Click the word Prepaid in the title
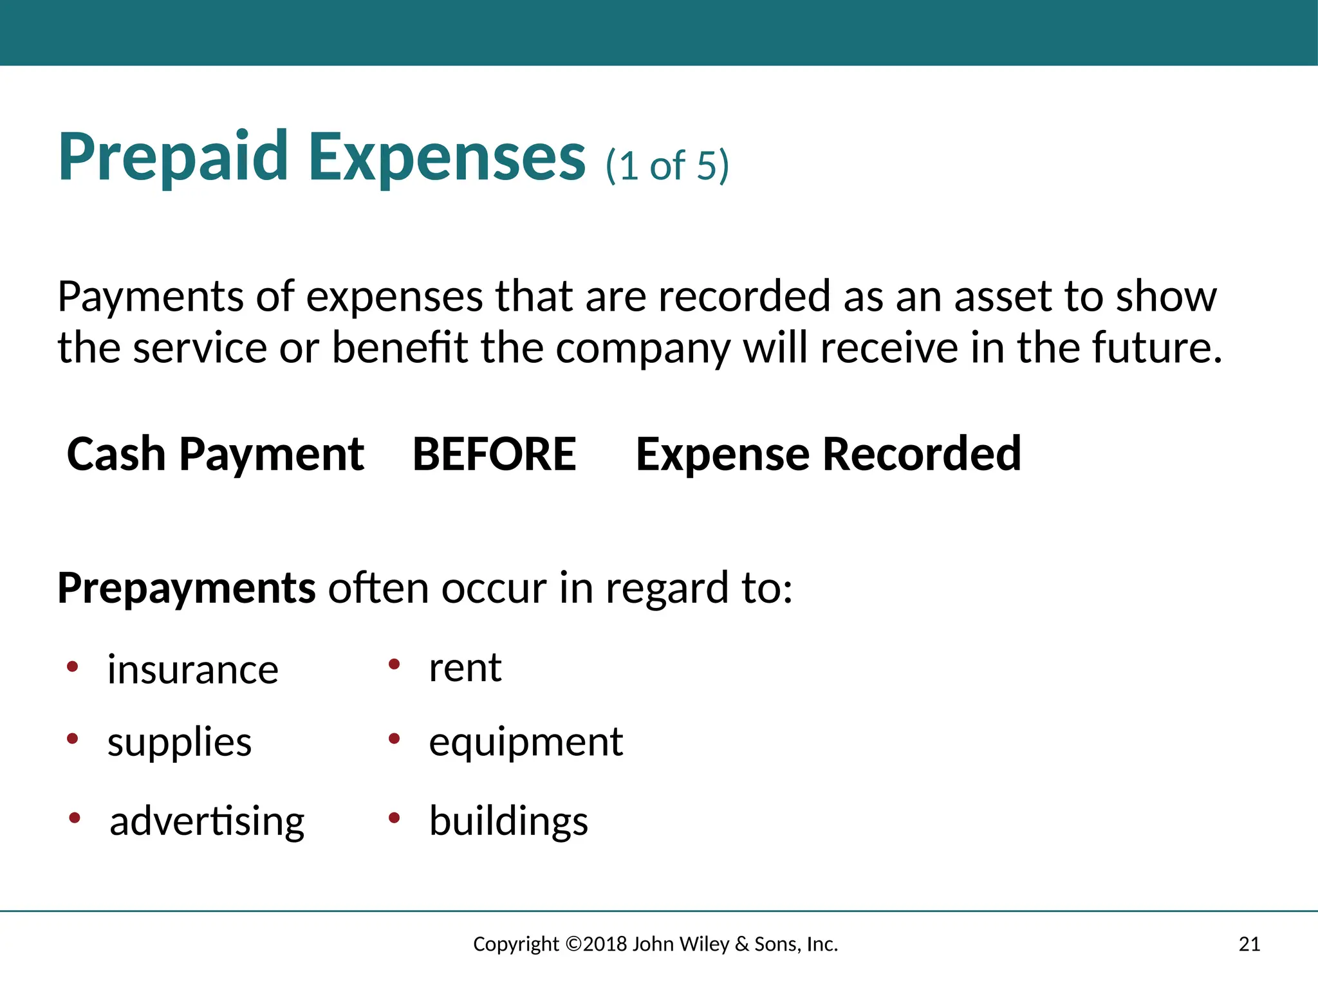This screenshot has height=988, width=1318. click(x=172, y=158)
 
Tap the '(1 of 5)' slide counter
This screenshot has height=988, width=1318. click(x=667, y=166)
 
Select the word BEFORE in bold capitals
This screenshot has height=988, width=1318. click(x=494, y=454)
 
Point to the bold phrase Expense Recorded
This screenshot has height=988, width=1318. click(x=828, y=454)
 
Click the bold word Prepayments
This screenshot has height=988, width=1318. click(x=187, y=589)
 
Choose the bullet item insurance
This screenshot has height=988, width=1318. click(x=192, y=670)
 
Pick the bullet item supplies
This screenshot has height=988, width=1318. click(x=180, y=743)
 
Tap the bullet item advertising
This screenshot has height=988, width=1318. click(x=207, y=822)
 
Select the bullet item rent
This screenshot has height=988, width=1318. click(x=465, y=668)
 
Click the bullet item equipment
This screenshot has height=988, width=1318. click(x=526, y=743)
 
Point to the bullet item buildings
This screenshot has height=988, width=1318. click(x=508, y=822)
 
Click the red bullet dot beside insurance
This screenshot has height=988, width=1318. click(x=73, y=666)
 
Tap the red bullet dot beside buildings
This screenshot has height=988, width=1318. click(x=394, y=818)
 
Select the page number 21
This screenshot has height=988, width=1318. click(x=1249, y=944)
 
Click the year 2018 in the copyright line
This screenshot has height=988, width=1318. click(x=605, y=944)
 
